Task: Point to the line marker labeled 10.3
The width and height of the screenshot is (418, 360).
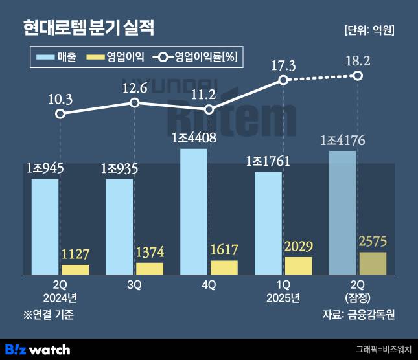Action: (60, 114)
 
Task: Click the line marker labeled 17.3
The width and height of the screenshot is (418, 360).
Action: (283, 80)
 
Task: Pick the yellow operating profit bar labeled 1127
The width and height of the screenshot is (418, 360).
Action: (76, 269)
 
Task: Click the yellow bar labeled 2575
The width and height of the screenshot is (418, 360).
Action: (373, 263)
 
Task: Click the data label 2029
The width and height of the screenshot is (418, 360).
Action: (298, 246)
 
